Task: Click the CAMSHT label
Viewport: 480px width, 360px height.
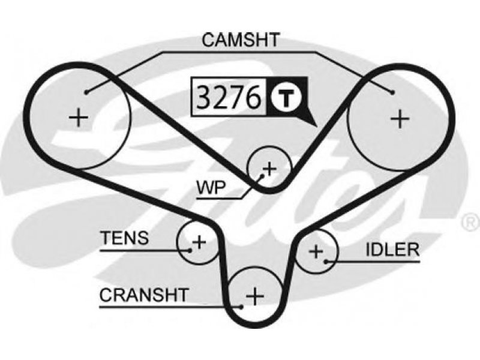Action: pos(240,40)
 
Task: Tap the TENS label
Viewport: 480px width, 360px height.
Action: pos(124,238)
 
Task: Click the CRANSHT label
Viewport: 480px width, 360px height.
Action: pos(144,295)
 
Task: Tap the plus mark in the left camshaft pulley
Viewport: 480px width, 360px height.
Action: pos(79,116)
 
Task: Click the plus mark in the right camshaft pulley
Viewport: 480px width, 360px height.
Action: pos(399,118)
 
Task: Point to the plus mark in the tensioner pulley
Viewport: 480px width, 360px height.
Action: pos(199,242)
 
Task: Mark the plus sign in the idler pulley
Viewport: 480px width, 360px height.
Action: pos(316,251)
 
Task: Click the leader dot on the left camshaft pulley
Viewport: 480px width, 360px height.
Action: pos(88,92)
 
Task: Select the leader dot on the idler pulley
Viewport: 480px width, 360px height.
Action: pos(325,260)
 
